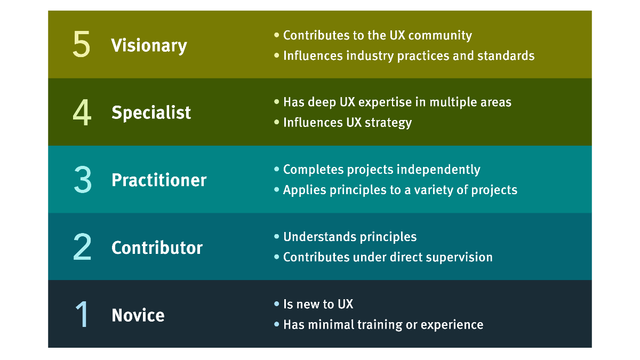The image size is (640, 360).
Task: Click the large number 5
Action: click(x=82, y=44)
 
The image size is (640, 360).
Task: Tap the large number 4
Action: click(x=82, y=113)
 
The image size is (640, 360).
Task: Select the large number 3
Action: click(x=83, y=180)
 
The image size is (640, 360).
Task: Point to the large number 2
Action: click(x=82, y=246)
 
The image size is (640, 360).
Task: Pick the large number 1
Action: click(x=82, y=314)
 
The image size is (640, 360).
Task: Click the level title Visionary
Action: click(x=149, y=46)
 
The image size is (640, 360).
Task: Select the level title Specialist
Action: click(x=151, y=112)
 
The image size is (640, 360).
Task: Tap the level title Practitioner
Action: click(x=159, y=180)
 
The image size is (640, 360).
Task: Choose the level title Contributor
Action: click(x=157, y=247)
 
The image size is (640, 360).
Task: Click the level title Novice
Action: click(x=138, y=315)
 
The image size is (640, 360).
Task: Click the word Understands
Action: click(x=319, y=237)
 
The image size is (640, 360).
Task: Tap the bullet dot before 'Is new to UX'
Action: click(x=276, y=303)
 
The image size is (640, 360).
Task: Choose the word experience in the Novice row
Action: click(x=452, y=325)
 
